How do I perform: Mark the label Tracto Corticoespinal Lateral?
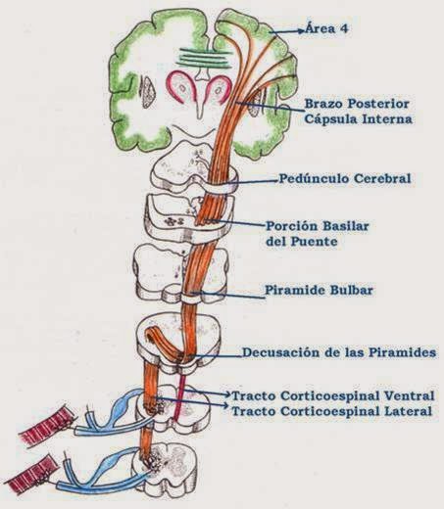(x=330, y=412)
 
